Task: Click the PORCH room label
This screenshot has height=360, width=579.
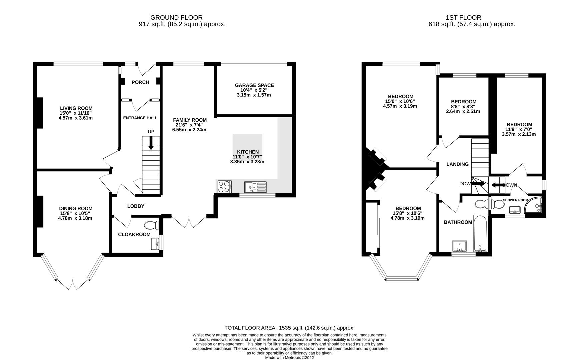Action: [140, 82]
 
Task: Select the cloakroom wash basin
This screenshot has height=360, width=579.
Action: [155, 244]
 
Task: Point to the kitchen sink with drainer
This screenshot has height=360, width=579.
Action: [255, 187]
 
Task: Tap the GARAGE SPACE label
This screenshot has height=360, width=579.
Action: [254, 85]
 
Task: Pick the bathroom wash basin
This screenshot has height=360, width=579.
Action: [459, 246]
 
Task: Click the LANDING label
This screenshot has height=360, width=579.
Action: [457, 164]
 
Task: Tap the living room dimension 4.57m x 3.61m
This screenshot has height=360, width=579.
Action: [76, 118]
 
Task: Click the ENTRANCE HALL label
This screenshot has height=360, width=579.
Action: [140, 118]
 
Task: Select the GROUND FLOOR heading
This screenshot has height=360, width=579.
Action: [176, 17]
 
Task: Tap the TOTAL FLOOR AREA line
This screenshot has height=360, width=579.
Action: [289, 328]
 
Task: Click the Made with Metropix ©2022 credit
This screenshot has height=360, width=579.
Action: [289, 358]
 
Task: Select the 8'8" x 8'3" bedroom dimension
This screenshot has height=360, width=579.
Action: [463, 106]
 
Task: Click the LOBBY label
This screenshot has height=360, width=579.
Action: [136, 206]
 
